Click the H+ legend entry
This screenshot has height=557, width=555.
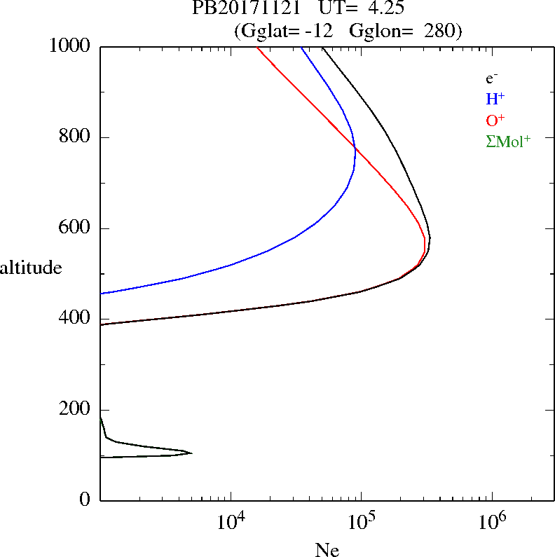coord(495,99)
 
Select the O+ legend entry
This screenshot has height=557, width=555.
coord(495,120)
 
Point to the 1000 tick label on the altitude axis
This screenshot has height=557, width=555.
coord(70,46)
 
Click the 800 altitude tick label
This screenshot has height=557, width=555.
coord(76,137)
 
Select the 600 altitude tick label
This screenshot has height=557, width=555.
coord(76,228)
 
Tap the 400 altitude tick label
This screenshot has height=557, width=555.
coord(76,319)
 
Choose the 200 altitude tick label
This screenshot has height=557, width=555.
coord(76,410)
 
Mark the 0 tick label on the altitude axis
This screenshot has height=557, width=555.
coord(86,500)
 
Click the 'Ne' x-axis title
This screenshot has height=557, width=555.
coord(327,550)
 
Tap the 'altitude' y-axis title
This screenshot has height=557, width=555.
coord(31,268)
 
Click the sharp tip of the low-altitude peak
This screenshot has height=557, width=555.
coord(191,453)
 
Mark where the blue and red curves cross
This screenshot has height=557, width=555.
coord(355,148)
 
